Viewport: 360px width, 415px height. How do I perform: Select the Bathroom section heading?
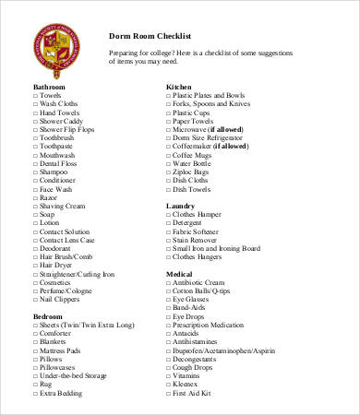pyautogui.click(x=51, y=86)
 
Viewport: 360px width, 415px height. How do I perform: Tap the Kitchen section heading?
pyautogui.click(x=179, y=86)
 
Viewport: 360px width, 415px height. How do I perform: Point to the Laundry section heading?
pyautogui.click(x=180, y=205)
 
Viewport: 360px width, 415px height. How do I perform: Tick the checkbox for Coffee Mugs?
pyautogui.click(x=168, y=155)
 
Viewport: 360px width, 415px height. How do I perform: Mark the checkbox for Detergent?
pyautogui.click(x=168, y=222)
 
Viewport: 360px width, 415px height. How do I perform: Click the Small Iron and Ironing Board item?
pyautogui.click(x=218, y=248)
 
